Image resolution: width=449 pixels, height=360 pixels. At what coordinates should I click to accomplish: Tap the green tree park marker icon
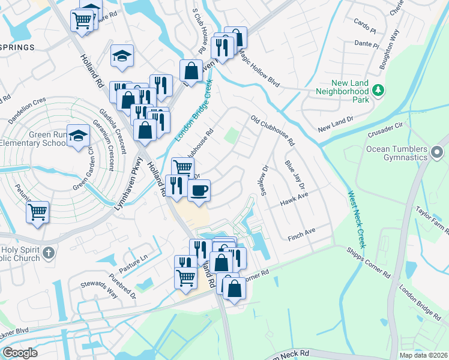(x=378, y=90)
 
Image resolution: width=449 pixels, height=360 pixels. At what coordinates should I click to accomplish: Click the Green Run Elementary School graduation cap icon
(x=79, y=136)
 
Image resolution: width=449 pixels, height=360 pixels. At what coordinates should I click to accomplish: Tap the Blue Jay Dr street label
(x=295, y=173)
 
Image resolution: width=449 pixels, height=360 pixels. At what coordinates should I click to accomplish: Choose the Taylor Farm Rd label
(x=430, y=215)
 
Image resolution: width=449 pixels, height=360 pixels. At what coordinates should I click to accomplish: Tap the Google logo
(x=20, y=353)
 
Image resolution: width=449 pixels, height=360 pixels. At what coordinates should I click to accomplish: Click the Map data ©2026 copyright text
(x=423, y=355)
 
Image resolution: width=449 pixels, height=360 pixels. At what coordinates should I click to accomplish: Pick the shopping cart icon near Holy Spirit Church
(x=38, y=212)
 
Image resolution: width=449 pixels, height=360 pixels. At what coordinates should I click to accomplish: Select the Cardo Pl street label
(x=364, y=25)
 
